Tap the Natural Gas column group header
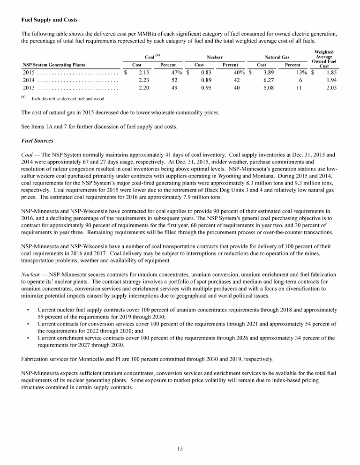pyautogui.click(x=277, y=57)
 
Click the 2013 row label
pyautogui.click(x=29, y=88)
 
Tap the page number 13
pyautogui.click(x=180, y=449)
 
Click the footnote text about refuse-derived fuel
pyautogui.click(x=68, y=99)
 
